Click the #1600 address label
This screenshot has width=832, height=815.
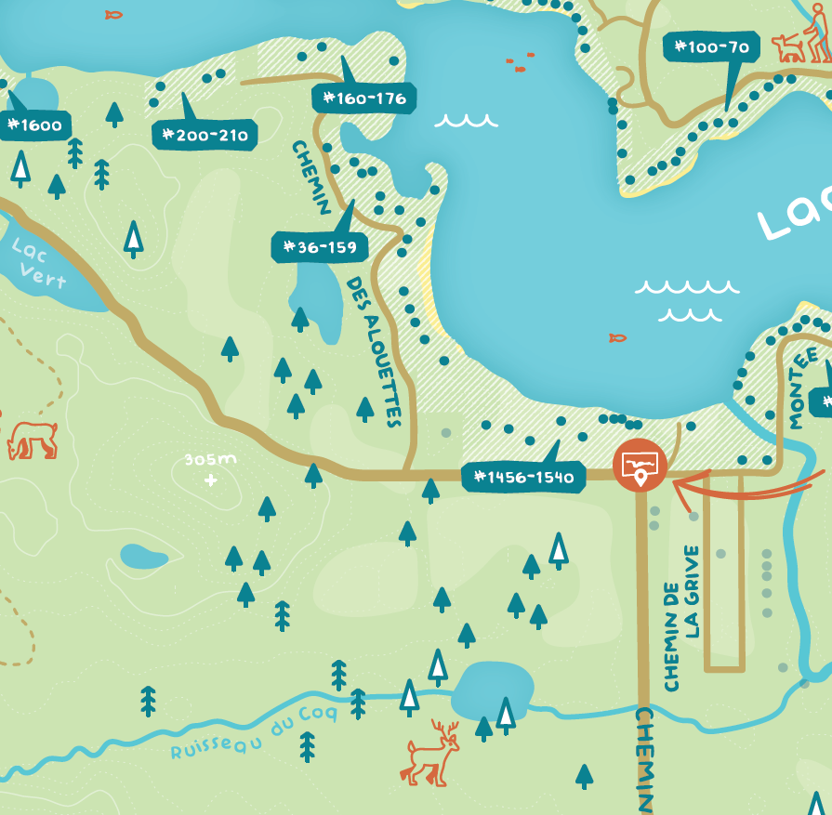[x=35, y=125]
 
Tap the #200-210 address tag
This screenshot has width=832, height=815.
[x=205, y=136]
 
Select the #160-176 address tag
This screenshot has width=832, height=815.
[x=364, y=98]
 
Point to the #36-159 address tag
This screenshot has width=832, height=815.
[x=320, y=247]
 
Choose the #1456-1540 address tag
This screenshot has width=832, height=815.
[x=524, y=478]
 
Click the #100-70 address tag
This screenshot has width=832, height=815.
[x=712, y=46]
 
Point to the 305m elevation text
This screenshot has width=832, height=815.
[x=210, y=460]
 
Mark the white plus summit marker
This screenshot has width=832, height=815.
[x=211, y=480]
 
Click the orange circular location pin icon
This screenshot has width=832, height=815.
[x=641, y=464]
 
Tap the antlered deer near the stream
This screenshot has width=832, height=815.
[x=432, y=753]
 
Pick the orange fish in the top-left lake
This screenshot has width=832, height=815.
[x=113, y=15]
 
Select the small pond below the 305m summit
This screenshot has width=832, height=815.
[x=144, y=557]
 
